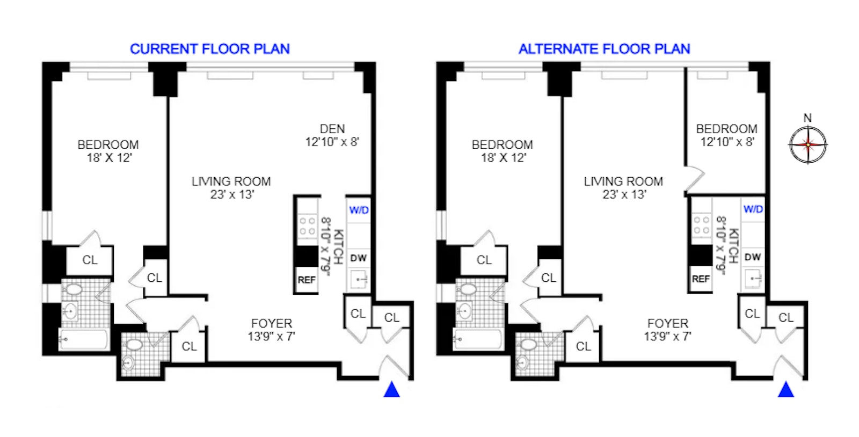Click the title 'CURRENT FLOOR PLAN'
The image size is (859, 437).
pos(209,49)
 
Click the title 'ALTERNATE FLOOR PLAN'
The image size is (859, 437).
pos(604,49)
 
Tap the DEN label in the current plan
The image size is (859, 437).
pos(332,129)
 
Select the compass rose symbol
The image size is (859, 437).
pos(807,144)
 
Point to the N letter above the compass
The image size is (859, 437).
pos(807,118)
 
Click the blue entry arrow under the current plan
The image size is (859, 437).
pos(391,390)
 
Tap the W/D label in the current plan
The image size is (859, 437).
pos(359,210)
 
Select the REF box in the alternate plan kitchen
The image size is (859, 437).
pos(701,279)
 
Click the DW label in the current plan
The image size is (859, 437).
pos(358,258)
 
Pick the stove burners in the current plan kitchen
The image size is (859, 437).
pos(307,226)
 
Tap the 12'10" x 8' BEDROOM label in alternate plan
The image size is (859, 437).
pos(727,142)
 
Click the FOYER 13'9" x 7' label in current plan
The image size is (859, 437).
pos(272,330)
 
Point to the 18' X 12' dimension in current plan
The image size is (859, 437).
pos(109,158)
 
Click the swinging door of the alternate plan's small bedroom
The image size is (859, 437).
pos(694,179)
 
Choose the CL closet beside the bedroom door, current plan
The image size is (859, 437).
pos(90,260)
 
